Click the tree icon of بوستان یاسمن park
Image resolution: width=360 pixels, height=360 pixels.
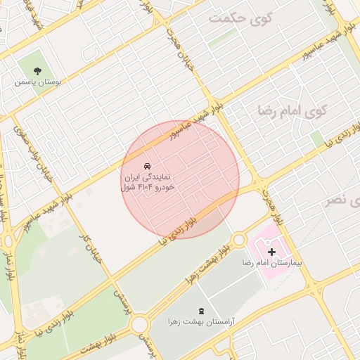coord(37,71)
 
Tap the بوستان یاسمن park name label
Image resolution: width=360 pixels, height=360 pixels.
coord(37,82)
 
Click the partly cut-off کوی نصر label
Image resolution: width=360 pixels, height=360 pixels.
coord(344,202)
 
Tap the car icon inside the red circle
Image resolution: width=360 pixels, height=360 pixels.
coord(146,166)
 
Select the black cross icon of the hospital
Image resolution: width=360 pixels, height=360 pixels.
coord(271,251)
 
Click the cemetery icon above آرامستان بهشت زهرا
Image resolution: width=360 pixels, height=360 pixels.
coord(202,310)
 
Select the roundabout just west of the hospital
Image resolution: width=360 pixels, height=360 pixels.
coord(239,240)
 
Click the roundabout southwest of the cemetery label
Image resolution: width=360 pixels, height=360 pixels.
coord(139,324)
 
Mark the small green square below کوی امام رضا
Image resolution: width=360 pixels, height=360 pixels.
coord(317,138)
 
